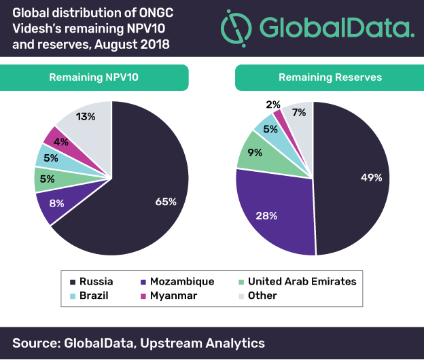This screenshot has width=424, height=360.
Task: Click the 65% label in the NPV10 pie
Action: click(x=166, y=202)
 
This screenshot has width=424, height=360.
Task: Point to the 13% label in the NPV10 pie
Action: click(x=86, y=116)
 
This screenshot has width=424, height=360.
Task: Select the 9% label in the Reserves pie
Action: click(x=252, y=154)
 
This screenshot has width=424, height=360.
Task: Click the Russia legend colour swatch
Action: click(x=72, y=281)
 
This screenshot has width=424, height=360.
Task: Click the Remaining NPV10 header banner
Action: click(x=94, y=77)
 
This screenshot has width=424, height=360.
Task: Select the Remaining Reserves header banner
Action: click(x=330, y=77)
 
